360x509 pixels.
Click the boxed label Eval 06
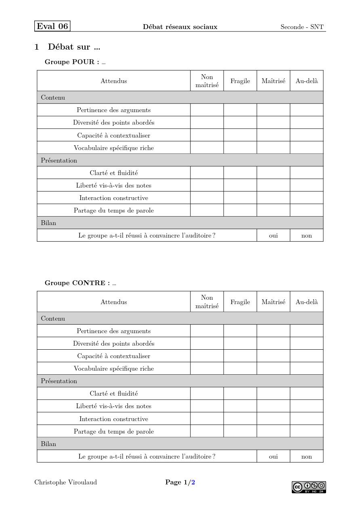tap(52, 26)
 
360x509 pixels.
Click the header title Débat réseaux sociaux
tap(180, 27)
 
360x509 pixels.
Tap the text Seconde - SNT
tap(302, 27)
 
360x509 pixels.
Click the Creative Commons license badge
tap(309, 487)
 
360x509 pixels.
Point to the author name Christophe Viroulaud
tap(66, 482)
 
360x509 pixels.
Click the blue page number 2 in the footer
tap(193, 482)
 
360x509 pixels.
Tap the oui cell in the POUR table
tap(273, 236)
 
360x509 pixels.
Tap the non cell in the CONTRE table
tap(307, 457)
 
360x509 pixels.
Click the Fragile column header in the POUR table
tap(240, 81)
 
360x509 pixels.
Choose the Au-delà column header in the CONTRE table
tap(307, 302)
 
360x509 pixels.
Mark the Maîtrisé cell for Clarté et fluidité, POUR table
tap(273, 173)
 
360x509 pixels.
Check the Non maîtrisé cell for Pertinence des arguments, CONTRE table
tap(207, 331)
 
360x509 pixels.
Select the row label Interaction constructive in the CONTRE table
tap(114, 419)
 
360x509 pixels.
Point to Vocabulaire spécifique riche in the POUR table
tap(114, 148)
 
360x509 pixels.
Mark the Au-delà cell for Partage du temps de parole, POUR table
tap(307, 210)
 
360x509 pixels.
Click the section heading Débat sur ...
tap(74, 47)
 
